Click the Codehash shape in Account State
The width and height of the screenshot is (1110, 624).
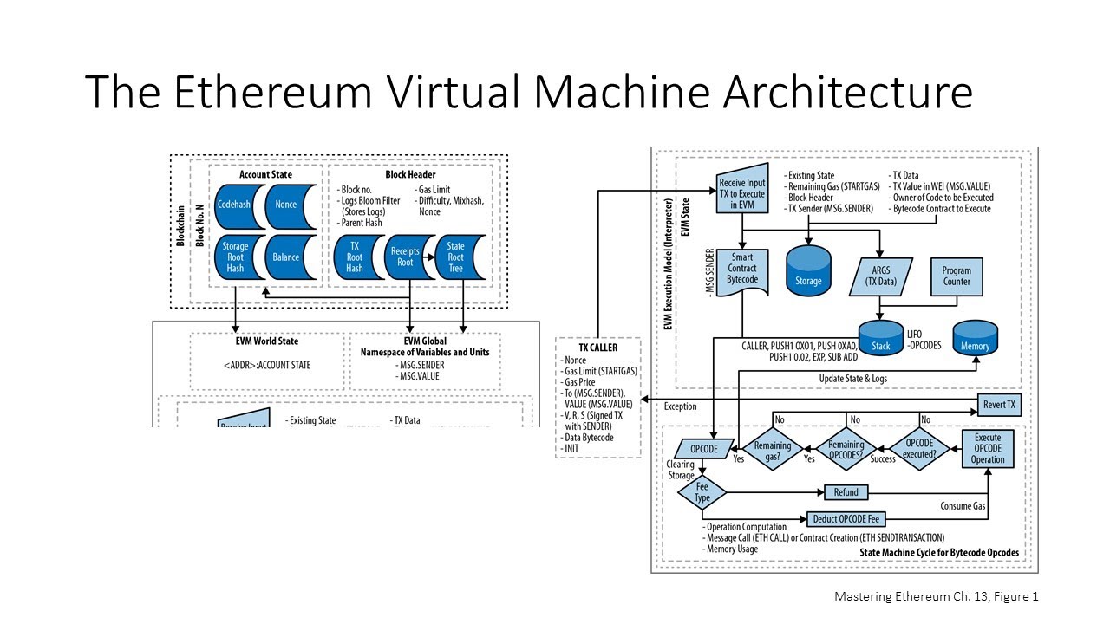pyautogui.click(x=234, y=205)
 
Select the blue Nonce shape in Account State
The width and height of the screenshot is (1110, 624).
pyautogui.click(x=285, y=205)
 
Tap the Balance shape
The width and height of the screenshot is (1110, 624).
pyautogui.click(x=285, y=257)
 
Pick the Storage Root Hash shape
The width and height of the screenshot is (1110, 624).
pyautogui.click(x=235, y=257)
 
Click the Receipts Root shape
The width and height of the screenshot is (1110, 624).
pyautogui.click(x=404, y=257)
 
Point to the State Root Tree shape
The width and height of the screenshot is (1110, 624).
pyautogui.click(x=455, y=257)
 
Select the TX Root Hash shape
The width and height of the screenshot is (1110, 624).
pyautogui.click(x=355, y=257)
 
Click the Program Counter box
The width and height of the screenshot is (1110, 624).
pyautogui.click(x=957, y=276)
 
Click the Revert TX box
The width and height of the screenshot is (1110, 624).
pyautogui.click(x=999, y=405)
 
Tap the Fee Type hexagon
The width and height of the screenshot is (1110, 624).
pyautogui.click(x=702, y=492)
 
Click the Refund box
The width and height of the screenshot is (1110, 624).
pyautogui.click(x=846, y=492)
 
